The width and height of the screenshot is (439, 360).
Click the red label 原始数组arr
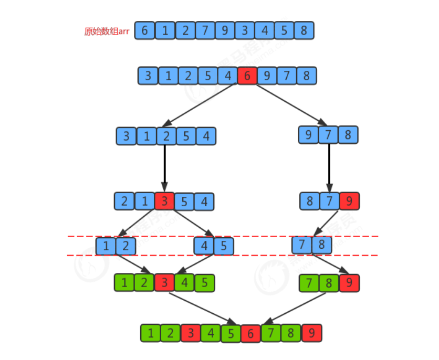pos(108,31)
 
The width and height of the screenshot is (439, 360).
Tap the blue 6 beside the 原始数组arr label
pos(144,30)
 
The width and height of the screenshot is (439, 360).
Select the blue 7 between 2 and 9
pos(204,30)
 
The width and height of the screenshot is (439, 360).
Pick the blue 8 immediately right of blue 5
pos(304,30)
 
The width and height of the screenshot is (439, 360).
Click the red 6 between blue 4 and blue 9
pos(247,76)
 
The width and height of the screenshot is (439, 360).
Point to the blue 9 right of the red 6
pos(267,76)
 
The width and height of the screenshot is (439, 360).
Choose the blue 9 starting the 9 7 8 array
pos(308,135)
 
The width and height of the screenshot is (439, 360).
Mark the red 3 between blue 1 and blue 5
pos(164,201)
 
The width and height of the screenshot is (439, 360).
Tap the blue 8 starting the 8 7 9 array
pos(310,201)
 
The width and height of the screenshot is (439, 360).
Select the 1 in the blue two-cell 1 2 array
pos(106,245)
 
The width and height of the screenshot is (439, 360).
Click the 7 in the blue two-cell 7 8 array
pos(302,245)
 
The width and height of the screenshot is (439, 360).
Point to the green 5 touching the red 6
pos(231,333)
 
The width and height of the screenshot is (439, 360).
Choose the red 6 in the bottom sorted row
pos(251,333)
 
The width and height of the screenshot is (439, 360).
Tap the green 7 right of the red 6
pos(271,333)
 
